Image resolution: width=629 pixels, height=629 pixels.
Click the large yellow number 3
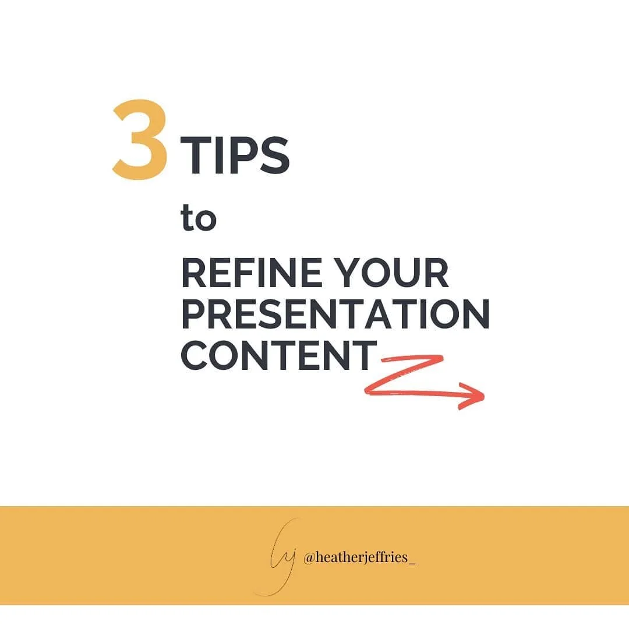click(x=140, y=140)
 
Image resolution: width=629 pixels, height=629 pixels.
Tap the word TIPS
click(x=235, y=156)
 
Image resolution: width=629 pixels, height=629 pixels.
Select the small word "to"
click(x=199, y=220)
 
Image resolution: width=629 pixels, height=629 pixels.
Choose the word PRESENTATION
click(x=335, y=314)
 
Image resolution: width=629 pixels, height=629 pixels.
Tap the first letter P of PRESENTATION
click(x=193, y=314)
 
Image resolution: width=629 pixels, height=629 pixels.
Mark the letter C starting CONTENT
click(x=196, y=355)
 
